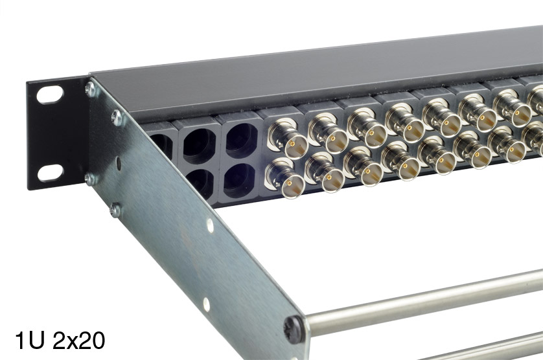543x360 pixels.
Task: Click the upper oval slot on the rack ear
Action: click(50, 95)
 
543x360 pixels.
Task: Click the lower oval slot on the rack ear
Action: click(51, 173)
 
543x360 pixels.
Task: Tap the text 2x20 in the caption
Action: click(79, 341)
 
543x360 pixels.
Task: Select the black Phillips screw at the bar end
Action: click(293, 329)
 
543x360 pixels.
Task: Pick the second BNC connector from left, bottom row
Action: click(325, 172)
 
